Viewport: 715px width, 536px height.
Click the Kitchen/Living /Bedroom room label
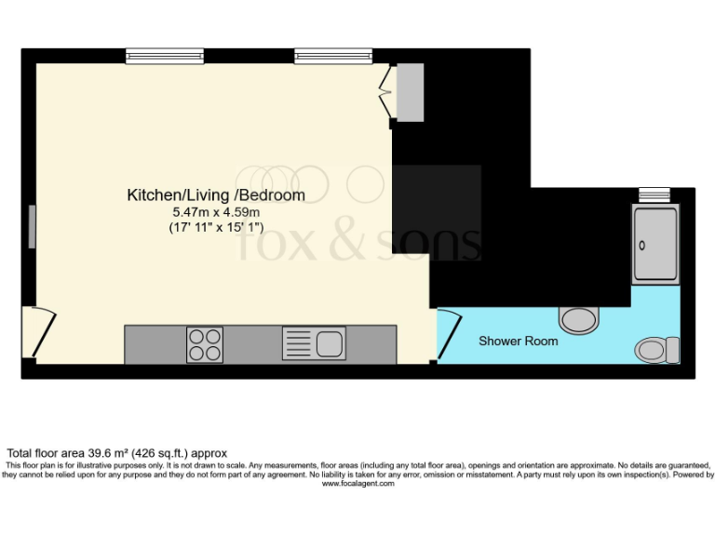pos(216,195)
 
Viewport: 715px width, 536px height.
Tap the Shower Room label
pos(519,342)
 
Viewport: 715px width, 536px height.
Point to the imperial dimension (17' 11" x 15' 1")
pos(216,226)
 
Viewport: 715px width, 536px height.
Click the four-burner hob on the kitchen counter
pos(205,344)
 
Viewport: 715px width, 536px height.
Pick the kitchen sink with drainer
pos(315,344)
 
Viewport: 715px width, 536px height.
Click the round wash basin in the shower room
pos(579,320)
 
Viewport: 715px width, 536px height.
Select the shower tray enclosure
pos(656,243)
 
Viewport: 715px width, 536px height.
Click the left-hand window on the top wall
pos(165,56)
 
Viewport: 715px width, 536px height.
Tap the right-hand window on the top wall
pos(333,56)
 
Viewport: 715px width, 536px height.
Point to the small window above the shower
pos(655,194)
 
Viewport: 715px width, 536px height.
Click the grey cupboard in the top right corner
pos(410,92)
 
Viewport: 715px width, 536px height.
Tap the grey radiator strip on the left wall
pos(32,227)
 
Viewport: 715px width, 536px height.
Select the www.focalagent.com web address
pos(357,483)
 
